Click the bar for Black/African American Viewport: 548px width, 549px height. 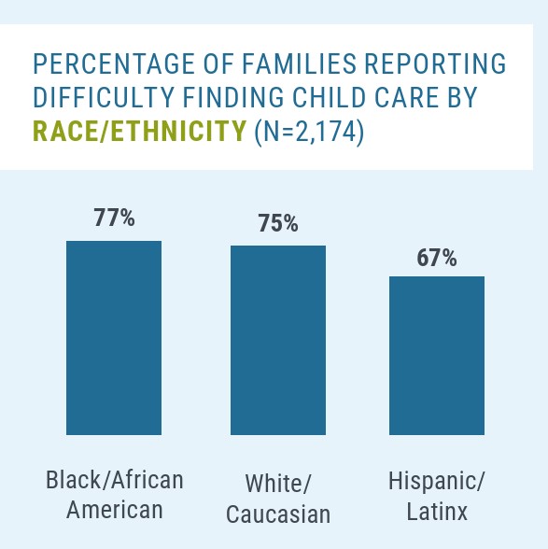point(114,338)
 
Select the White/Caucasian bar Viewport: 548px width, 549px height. point(278,340)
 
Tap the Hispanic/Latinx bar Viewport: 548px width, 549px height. point(437,356)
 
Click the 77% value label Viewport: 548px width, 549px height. point(114,218)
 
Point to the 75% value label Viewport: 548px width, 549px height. point(278,222)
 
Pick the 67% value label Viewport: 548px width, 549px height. point(437,258)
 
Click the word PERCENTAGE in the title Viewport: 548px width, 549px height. point(114,64)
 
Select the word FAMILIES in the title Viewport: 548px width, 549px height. point(299,64)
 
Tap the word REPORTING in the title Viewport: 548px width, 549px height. point(435,64)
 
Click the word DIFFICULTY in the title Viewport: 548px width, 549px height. point(104,97)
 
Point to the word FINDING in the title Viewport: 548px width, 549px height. point(233,97)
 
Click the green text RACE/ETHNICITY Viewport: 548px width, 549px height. point(140,131)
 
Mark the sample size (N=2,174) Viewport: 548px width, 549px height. point(309,132)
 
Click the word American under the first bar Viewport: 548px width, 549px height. point(115,510)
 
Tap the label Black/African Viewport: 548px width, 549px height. point(115,480)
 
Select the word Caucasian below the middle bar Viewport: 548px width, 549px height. point(278,514)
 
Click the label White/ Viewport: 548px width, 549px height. point(278,484)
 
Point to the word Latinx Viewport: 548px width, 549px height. point(437,512)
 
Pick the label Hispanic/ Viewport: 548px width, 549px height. point(437,482)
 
